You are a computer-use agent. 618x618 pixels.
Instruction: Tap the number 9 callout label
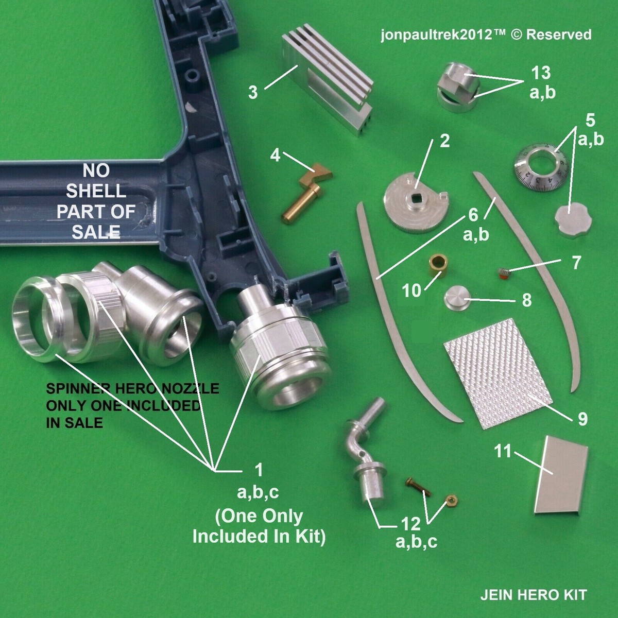(x=582, y=419)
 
